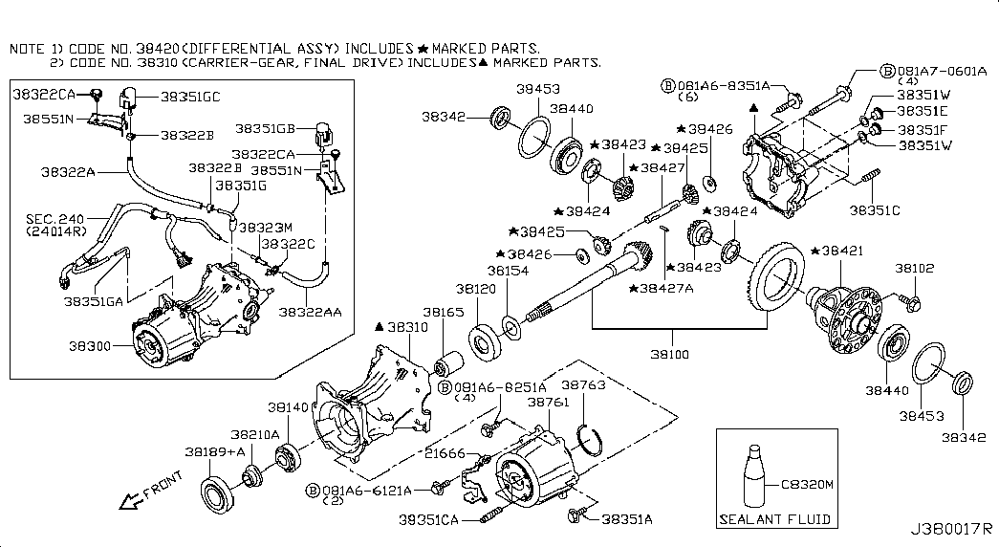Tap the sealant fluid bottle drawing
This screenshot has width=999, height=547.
click(753, 477)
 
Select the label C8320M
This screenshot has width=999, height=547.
click(808, 486)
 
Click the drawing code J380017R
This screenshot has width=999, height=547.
click(950, 529)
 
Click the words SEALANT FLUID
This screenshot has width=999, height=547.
click(774, 520)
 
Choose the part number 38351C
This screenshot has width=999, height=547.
click(874, 208)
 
